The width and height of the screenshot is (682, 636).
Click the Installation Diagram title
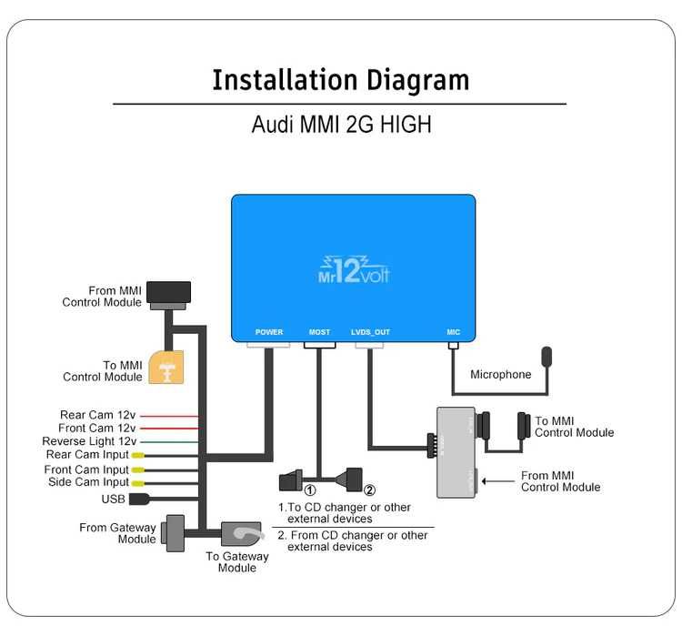pyautogui.click(x=340, y=80)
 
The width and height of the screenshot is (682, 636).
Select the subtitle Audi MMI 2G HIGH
pyautogui.click(x=340, y=125)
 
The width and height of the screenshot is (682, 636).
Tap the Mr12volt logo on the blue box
pyautogui.click(x=354, y=268)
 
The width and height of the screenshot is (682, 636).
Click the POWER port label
pyautogui.click(x=269, y=332)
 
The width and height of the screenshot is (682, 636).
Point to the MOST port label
pyautogui.click(x=319, y=332)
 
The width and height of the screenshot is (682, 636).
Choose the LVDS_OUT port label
pyautogui.click(x=370, y=332)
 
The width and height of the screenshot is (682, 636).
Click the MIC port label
pyautogui.click(x=454, y=332)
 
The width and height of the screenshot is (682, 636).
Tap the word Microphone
pyautogui.click(x=500, y=374)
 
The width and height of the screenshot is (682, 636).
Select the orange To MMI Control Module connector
pyautogui.click(x=165, y=368)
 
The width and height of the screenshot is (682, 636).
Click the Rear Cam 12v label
pyautogui.click(x=97, y=415)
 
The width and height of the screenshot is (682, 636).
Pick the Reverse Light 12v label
pyautogui.click(x=89, y=441)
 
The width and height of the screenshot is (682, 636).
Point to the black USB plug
pyautogui.click(x=140, y=499)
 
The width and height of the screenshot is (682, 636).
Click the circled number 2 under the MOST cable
pyautogui.click(x=369, y=493)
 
